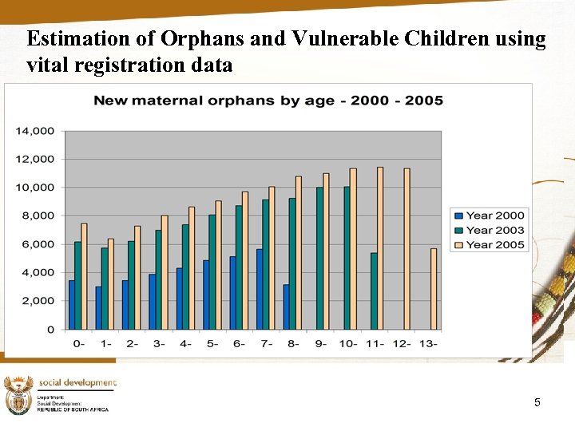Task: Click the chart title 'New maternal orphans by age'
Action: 268,101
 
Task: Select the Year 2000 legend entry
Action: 490,215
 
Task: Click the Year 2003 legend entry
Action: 490,230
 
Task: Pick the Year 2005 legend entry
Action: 490,245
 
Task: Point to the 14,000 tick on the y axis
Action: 38,131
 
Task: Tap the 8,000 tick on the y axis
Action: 40,215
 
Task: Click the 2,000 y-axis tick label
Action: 40,301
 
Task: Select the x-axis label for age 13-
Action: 428,344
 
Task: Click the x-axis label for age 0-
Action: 79,344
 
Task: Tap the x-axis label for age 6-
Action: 240,344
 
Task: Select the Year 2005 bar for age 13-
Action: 434,289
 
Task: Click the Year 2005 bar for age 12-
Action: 407,249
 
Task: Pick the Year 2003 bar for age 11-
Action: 374,291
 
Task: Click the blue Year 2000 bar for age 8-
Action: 286,307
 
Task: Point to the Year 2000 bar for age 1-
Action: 98,308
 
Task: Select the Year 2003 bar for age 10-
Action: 347,258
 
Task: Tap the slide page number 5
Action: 537,402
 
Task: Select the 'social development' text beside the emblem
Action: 77,383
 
